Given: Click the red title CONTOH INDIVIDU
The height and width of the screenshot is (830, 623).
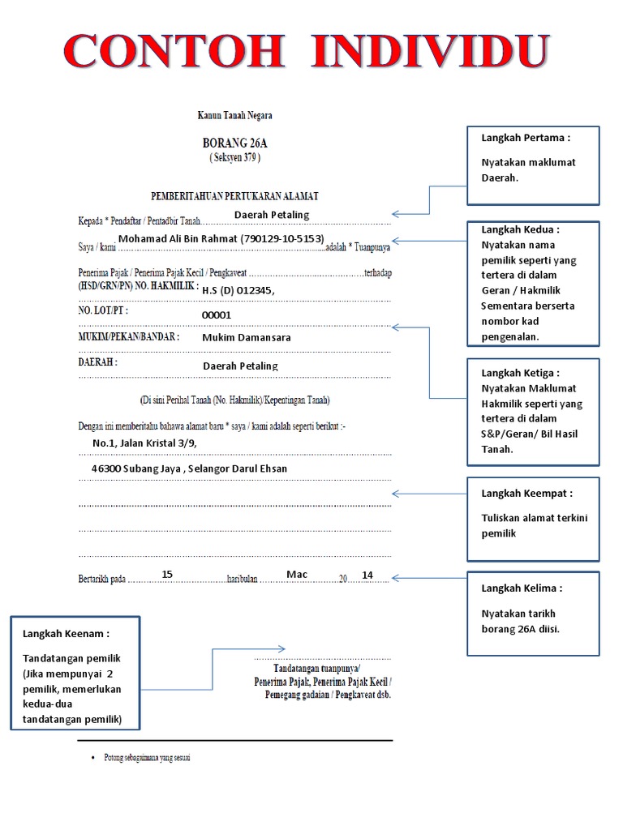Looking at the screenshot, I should [x=306, y=51].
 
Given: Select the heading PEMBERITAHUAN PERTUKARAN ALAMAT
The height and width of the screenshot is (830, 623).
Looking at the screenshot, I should [x=234, y=196].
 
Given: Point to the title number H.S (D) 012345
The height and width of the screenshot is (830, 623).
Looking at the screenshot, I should [x=238, y=290].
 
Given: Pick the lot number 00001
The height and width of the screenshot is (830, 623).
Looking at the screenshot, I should [x=217, y=315].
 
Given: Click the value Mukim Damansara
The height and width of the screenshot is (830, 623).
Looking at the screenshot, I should [x=247, y=337].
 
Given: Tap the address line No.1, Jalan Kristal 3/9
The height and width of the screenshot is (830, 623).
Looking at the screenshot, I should [x=144, y=443].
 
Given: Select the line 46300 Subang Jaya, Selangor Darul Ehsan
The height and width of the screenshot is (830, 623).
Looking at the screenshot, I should [x=189, y=468].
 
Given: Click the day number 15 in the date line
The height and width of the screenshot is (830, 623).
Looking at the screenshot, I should [x=167, y=574].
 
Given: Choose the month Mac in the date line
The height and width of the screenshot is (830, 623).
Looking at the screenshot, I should [x=297, y=574].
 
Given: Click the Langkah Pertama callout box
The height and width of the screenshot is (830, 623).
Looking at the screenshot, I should [x=533, y=165].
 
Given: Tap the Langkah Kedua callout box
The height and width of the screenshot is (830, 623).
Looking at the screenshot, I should [x=533, y=283].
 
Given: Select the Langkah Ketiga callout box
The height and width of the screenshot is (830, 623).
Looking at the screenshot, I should [x=533, y=411].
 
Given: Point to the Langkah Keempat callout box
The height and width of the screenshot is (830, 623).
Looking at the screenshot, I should [x=533, y=519].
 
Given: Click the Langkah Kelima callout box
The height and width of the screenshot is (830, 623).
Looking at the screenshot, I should [x=533, y=614].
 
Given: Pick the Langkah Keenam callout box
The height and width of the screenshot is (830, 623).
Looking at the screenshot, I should [x=75, y=673].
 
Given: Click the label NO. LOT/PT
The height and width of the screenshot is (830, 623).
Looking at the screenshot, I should [x=103, y=310].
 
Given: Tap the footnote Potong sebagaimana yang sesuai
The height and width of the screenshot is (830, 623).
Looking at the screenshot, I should [x=146, y=758].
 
